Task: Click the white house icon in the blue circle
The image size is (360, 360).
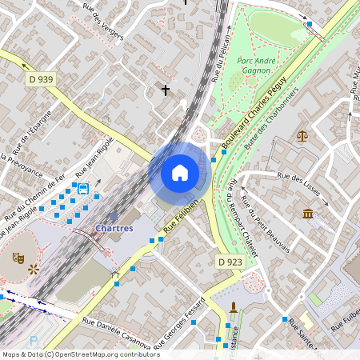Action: click(180, 173)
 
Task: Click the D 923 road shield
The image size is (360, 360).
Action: click(230, 262)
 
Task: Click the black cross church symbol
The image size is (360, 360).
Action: click(166, 90)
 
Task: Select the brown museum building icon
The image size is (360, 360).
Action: click(308, 214)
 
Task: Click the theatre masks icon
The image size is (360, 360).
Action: click(17, 258)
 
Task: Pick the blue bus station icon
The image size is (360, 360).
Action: click(83, 188)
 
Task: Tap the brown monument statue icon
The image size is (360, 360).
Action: click(234, 308)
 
